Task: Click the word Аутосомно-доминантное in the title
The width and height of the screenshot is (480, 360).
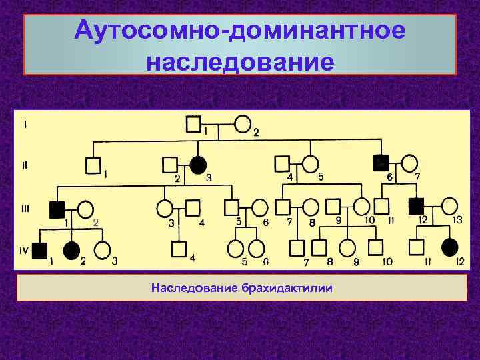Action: (x=240, y=31)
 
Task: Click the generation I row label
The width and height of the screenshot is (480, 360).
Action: (x=25, y=124)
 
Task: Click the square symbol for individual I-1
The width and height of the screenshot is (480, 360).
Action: (x=193, y=123)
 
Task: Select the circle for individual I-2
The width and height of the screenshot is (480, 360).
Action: (x=243, y=123)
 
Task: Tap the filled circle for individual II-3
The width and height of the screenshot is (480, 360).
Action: (x=197, y=163)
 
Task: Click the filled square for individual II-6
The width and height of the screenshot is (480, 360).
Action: (x=381, y=163)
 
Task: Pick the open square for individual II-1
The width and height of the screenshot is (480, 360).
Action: (x=93, y=164)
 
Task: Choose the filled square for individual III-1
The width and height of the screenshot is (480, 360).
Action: (x=57, y=208)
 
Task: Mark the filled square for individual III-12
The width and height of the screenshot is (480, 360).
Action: (x=417, y=206)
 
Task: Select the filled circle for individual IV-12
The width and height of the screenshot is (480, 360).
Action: (x=451, y=247)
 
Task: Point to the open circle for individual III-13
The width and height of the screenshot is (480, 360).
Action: (x=450, y=206)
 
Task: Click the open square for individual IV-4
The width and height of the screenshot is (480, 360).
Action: (x=178, y=249)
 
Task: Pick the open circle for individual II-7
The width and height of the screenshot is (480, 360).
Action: (x=410, y=163)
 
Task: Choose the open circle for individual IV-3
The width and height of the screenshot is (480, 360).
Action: (x=102, y=250)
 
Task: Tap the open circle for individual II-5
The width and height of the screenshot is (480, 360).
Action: (x=310, y=164)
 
